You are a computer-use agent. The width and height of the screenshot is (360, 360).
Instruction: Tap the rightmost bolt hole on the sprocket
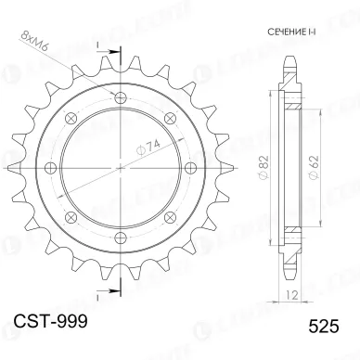click(191, 166)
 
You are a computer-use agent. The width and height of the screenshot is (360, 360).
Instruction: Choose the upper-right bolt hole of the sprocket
click(171, 116)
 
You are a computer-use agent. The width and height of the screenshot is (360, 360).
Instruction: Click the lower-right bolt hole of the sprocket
click(171, 216)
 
